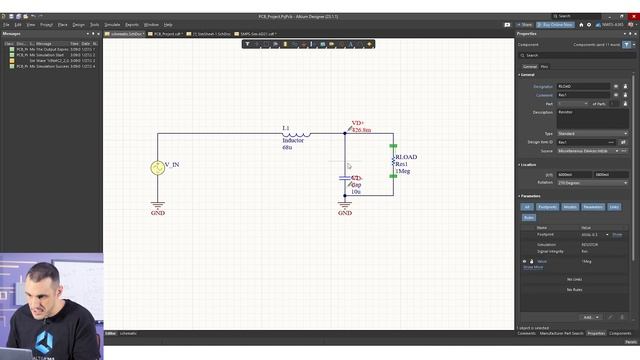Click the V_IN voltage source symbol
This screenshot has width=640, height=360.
(157, 168)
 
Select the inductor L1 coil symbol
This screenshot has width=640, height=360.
(295, 134)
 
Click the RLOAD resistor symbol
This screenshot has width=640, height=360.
(393, 163)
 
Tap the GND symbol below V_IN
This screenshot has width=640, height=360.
(157, 206)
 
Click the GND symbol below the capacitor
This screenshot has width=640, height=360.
(345, 206)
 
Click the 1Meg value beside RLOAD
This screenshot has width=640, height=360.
(403, 172)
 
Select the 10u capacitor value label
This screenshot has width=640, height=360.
(356, 191)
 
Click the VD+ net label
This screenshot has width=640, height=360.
(358, 123)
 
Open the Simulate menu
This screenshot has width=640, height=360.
(113, 24)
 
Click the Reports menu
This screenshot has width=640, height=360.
(132, 24)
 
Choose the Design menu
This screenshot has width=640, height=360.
(78, 24)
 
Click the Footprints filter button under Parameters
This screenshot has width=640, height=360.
(548, 207)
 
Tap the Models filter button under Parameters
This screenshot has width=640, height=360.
(570, 207)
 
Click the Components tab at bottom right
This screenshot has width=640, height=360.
(620, 333)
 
